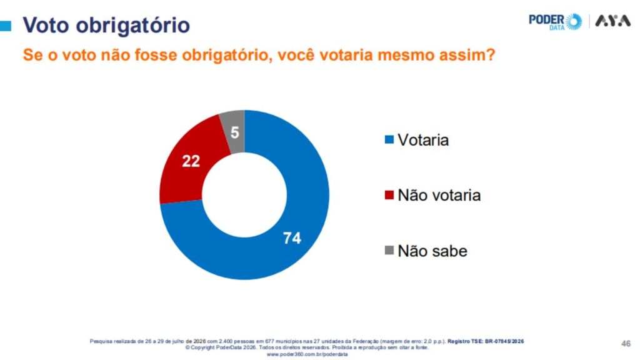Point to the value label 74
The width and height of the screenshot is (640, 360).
click(292, 238)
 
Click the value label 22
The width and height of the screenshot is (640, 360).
click(191, 161)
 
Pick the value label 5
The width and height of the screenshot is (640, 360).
click(235, 132)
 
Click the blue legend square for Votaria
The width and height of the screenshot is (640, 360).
click(389, 139)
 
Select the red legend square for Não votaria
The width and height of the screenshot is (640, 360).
click(389, 195)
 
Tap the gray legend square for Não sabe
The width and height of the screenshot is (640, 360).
click(389, 250)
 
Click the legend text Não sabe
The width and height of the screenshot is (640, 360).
click(432, 251)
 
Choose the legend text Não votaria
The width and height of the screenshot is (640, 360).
click(439, 195)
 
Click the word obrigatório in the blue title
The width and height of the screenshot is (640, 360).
click(133, 25)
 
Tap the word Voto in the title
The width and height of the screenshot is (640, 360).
click(46, 25)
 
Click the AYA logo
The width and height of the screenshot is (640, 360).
click(612, 21)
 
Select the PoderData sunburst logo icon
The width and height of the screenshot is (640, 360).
click(574, 21)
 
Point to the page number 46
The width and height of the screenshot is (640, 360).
click(626, 344)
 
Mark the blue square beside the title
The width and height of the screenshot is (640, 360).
click(5, 26)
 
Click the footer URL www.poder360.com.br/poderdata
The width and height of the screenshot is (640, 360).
click(307, 354)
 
